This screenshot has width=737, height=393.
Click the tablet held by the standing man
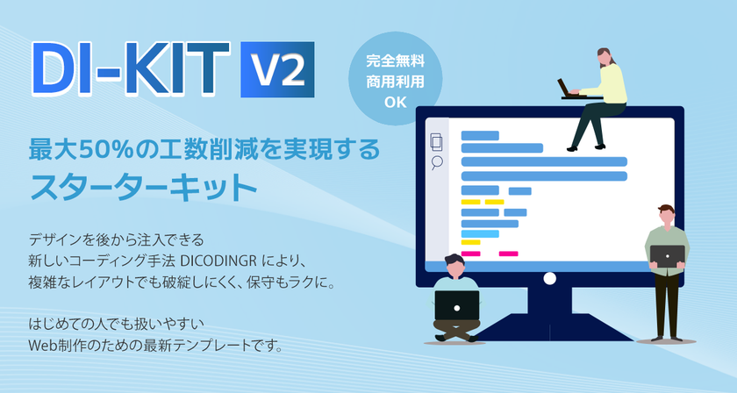[667, 255]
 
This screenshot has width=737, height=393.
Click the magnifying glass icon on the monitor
[436, 161]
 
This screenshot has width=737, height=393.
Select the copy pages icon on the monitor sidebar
[436, 140]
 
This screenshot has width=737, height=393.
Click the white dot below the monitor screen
[549, 278]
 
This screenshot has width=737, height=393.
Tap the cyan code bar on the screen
[479, 233]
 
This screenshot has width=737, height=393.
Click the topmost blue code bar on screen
[480, 135]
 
